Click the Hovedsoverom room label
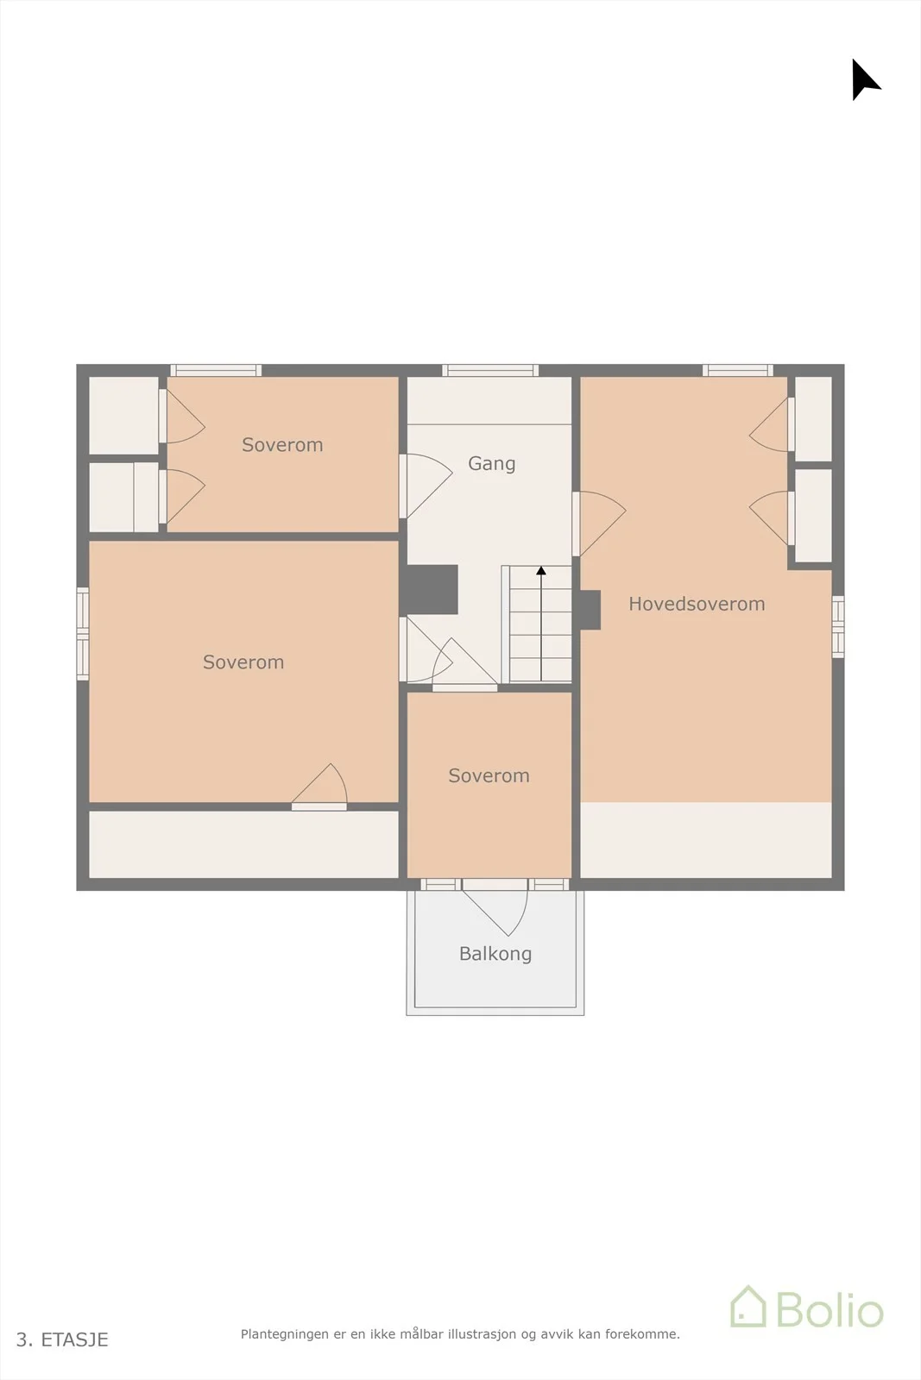697,604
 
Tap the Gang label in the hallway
491,464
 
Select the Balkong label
495,954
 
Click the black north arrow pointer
864,79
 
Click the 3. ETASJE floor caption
62,1339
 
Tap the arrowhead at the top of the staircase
541,570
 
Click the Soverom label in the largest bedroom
243,662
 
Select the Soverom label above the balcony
489,775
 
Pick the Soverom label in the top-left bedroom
282,445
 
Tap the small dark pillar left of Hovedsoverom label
590,610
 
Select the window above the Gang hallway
490,370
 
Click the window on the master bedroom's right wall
838,626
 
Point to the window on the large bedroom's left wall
83,634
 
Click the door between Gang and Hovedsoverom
599,524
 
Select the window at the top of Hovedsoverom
738,370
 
